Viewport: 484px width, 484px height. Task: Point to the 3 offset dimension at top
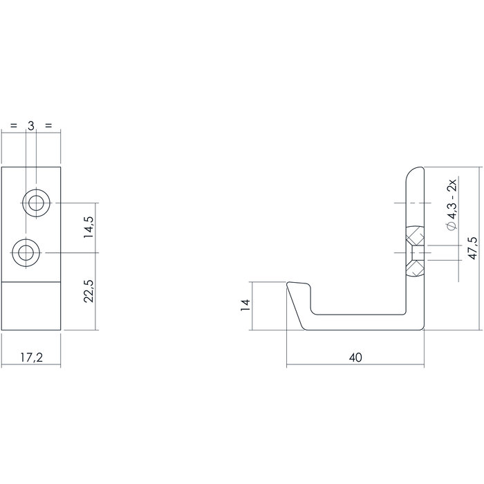pos(30,126)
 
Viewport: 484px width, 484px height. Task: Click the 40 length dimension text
pos(355,357)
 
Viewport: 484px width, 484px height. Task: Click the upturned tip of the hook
pos(297,286)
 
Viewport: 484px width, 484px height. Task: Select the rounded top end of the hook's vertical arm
pos(413,172)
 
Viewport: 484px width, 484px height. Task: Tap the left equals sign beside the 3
pos(13,126)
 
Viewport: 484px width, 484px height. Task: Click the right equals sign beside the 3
pos(48,126)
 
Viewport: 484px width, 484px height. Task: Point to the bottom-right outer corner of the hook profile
pos(421,330)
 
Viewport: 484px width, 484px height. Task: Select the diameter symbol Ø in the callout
pos(451,226)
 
